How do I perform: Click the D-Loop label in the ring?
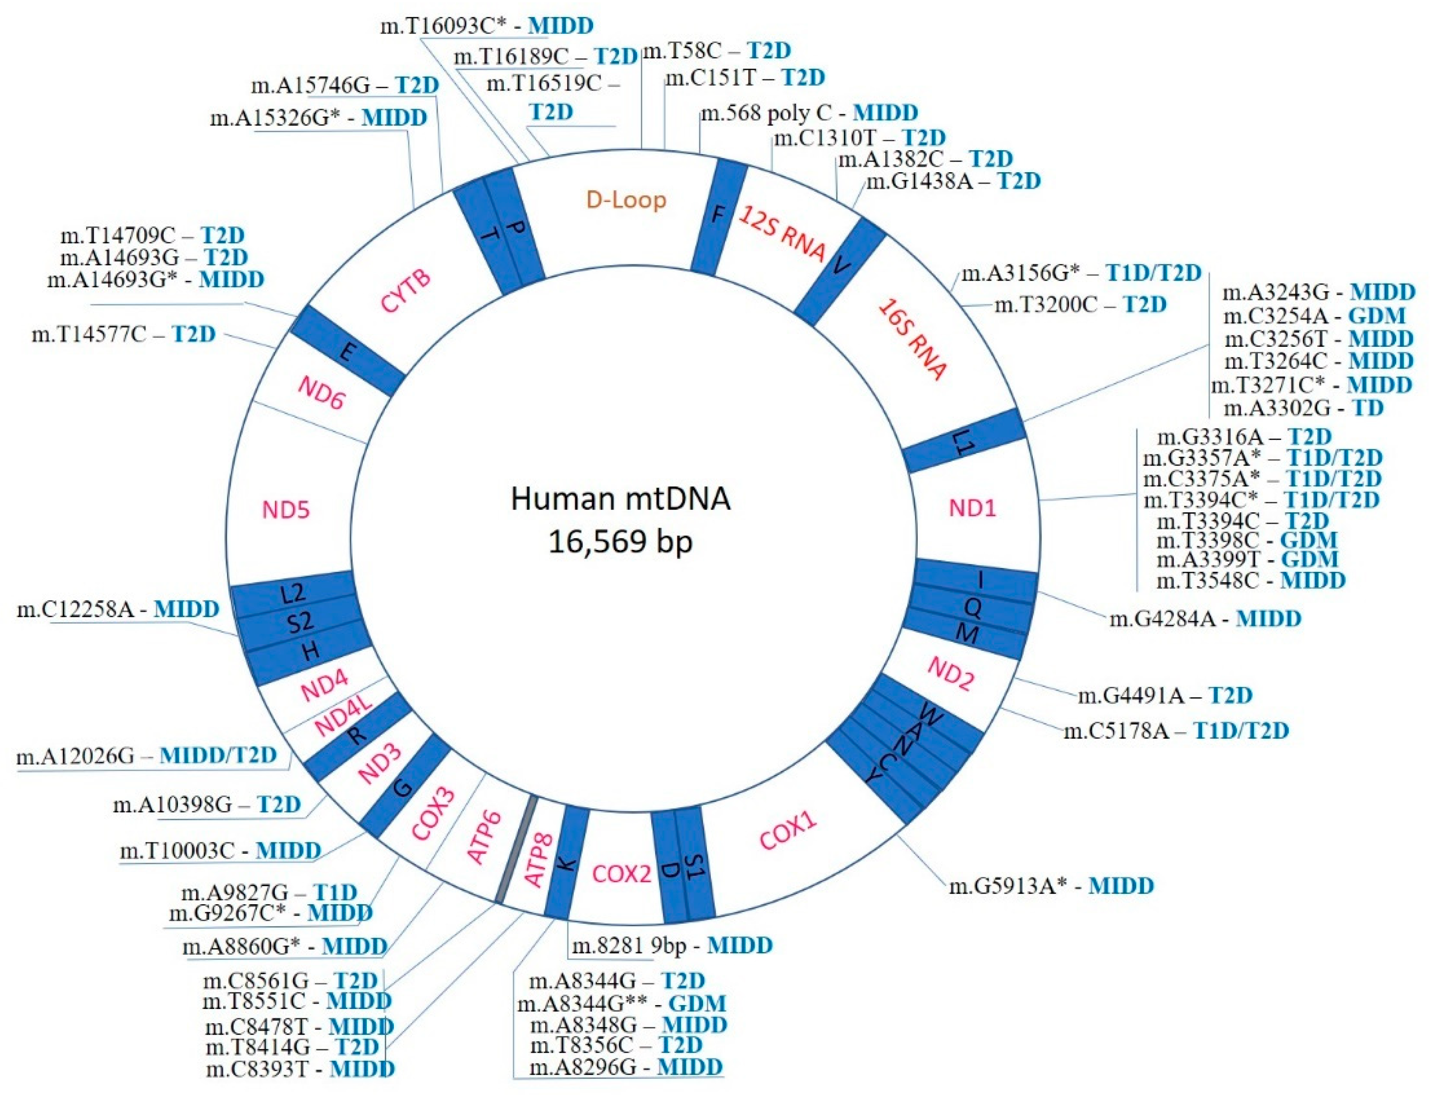[626, 200]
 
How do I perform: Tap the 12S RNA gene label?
[782, 232]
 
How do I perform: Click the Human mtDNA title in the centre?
[620, 499]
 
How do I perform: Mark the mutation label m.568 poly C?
[766, 113]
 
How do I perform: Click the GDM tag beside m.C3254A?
[1377, 316]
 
